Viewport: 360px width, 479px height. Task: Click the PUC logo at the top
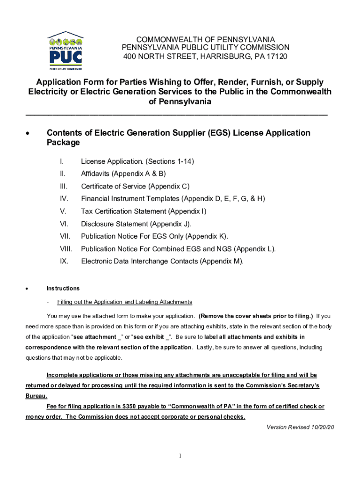[65, 50]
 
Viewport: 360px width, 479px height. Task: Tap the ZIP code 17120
[277, 57]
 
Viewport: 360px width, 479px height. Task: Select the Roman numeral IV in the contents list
[64, 199]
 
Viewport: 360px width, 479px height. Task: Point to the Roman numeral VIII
[65, 249]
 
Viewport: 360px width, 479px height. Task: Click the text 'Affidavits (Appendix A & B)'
[123, 174]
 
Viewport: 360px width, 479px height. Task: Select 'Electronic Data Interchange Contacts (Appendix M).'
[162, 261]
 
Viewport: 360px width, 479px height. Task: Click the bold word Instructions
[63, 288]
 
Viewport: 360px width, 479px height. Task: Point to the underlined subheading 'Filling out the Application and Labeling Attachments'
[124, 302]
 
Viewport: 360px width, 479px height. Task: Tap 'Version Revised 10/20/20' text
[300, 427]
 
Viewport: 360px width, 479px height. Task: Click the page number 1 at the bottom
[180, 456]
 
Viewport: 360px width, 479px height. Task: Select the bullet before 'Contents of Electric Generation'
[29, 134]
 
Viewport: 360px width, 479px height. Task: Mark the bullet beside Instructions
[29, 289]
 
